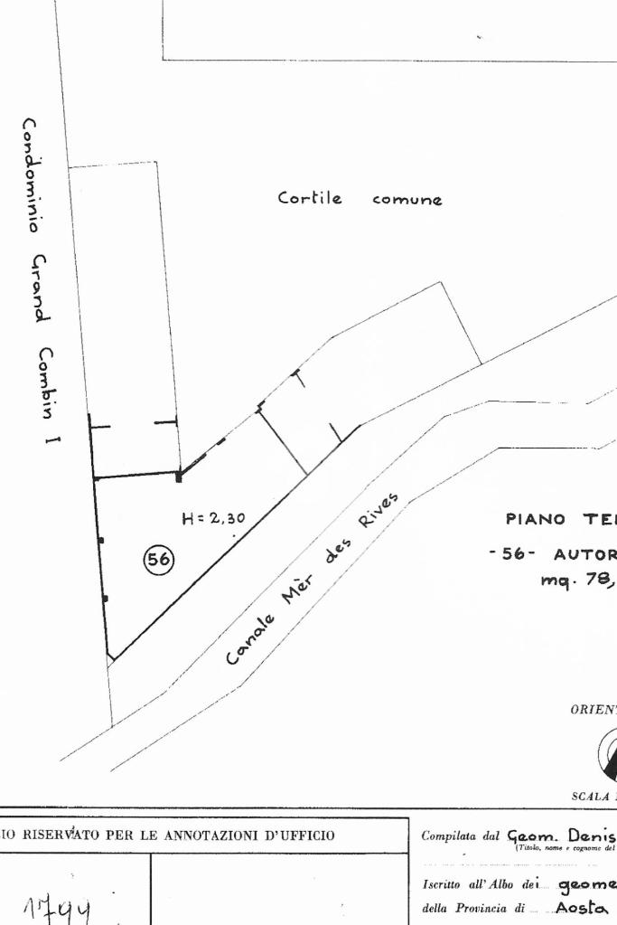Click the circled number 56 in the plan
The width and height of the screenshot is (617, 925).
(x=159, y=561)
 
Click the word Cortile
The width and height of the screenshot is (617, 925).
(x=310, y=198)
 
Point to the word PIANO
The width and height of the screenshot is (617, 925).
(x=536, y=519)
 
